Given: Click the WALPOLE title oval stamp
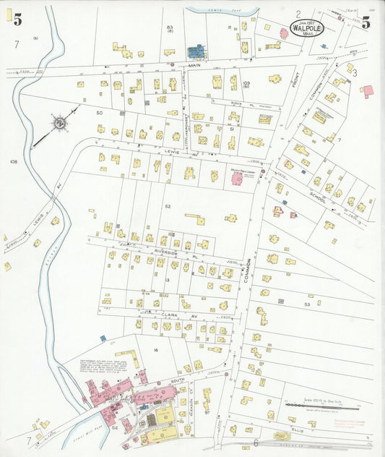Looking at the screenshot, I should (307, 27).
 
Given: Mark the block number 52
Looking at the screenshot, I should (168, 206).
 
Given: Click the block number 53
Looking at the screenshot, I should (307, 305).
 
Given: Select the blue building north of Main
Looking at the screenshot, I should (196, 51).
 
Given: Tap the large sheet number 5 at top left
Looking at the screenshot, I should (17, 20).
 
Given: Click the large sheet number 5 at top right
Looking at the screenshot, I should (365, 22).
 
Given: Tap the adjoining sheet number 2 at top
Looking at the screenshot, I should (298, 14).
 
